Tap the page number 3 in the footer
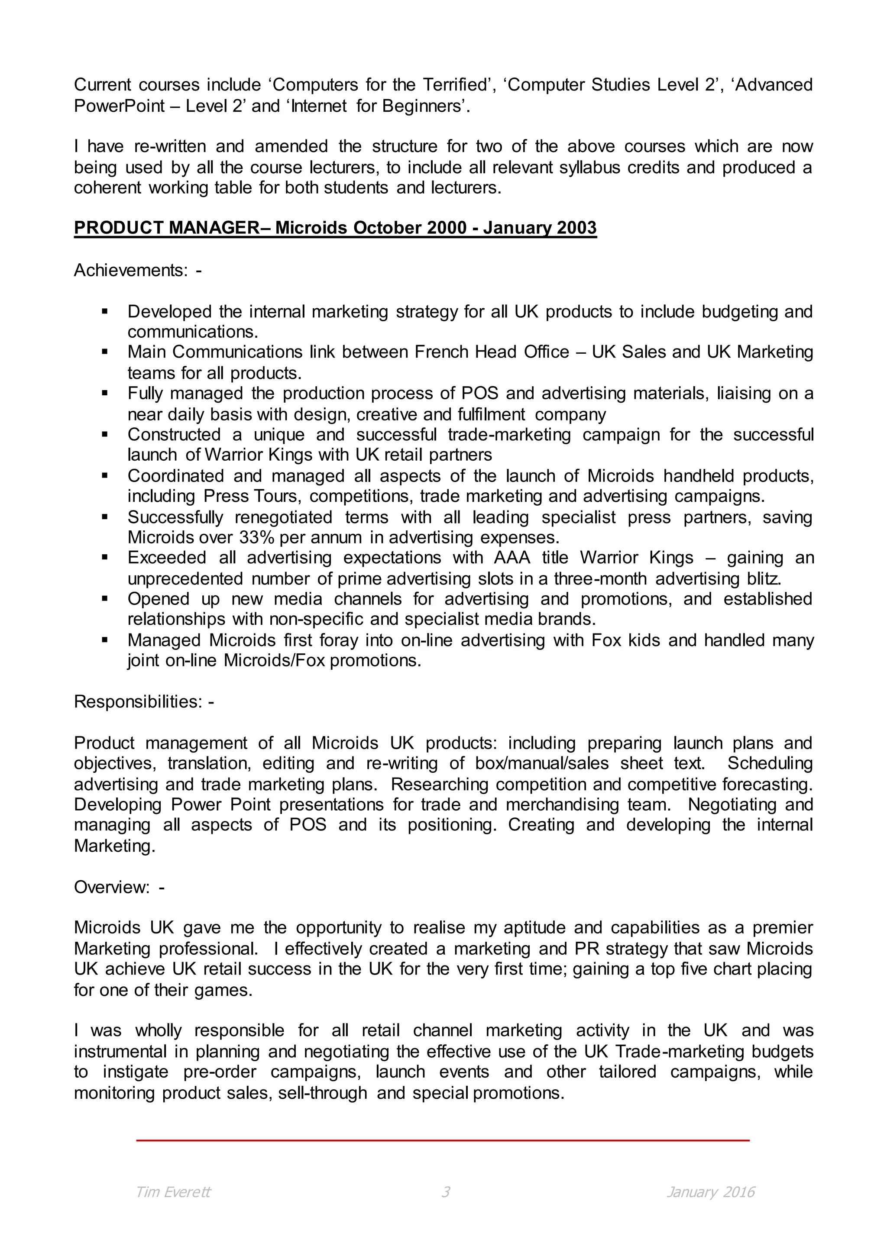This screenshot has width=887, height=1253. [x=445, y=1192]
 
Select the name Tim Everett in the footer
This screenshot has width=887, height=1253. [x=173, y=1192]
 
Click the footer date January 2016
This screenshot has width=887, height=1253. [x=710, y=1192]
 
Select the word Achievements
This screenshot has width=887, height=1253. [x=131, y=270]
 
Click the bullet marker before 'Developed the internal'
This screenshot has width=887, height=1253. [x=105, y=312]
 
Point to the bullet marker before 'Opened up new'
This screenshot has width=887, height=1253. [x=105, y=599]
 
